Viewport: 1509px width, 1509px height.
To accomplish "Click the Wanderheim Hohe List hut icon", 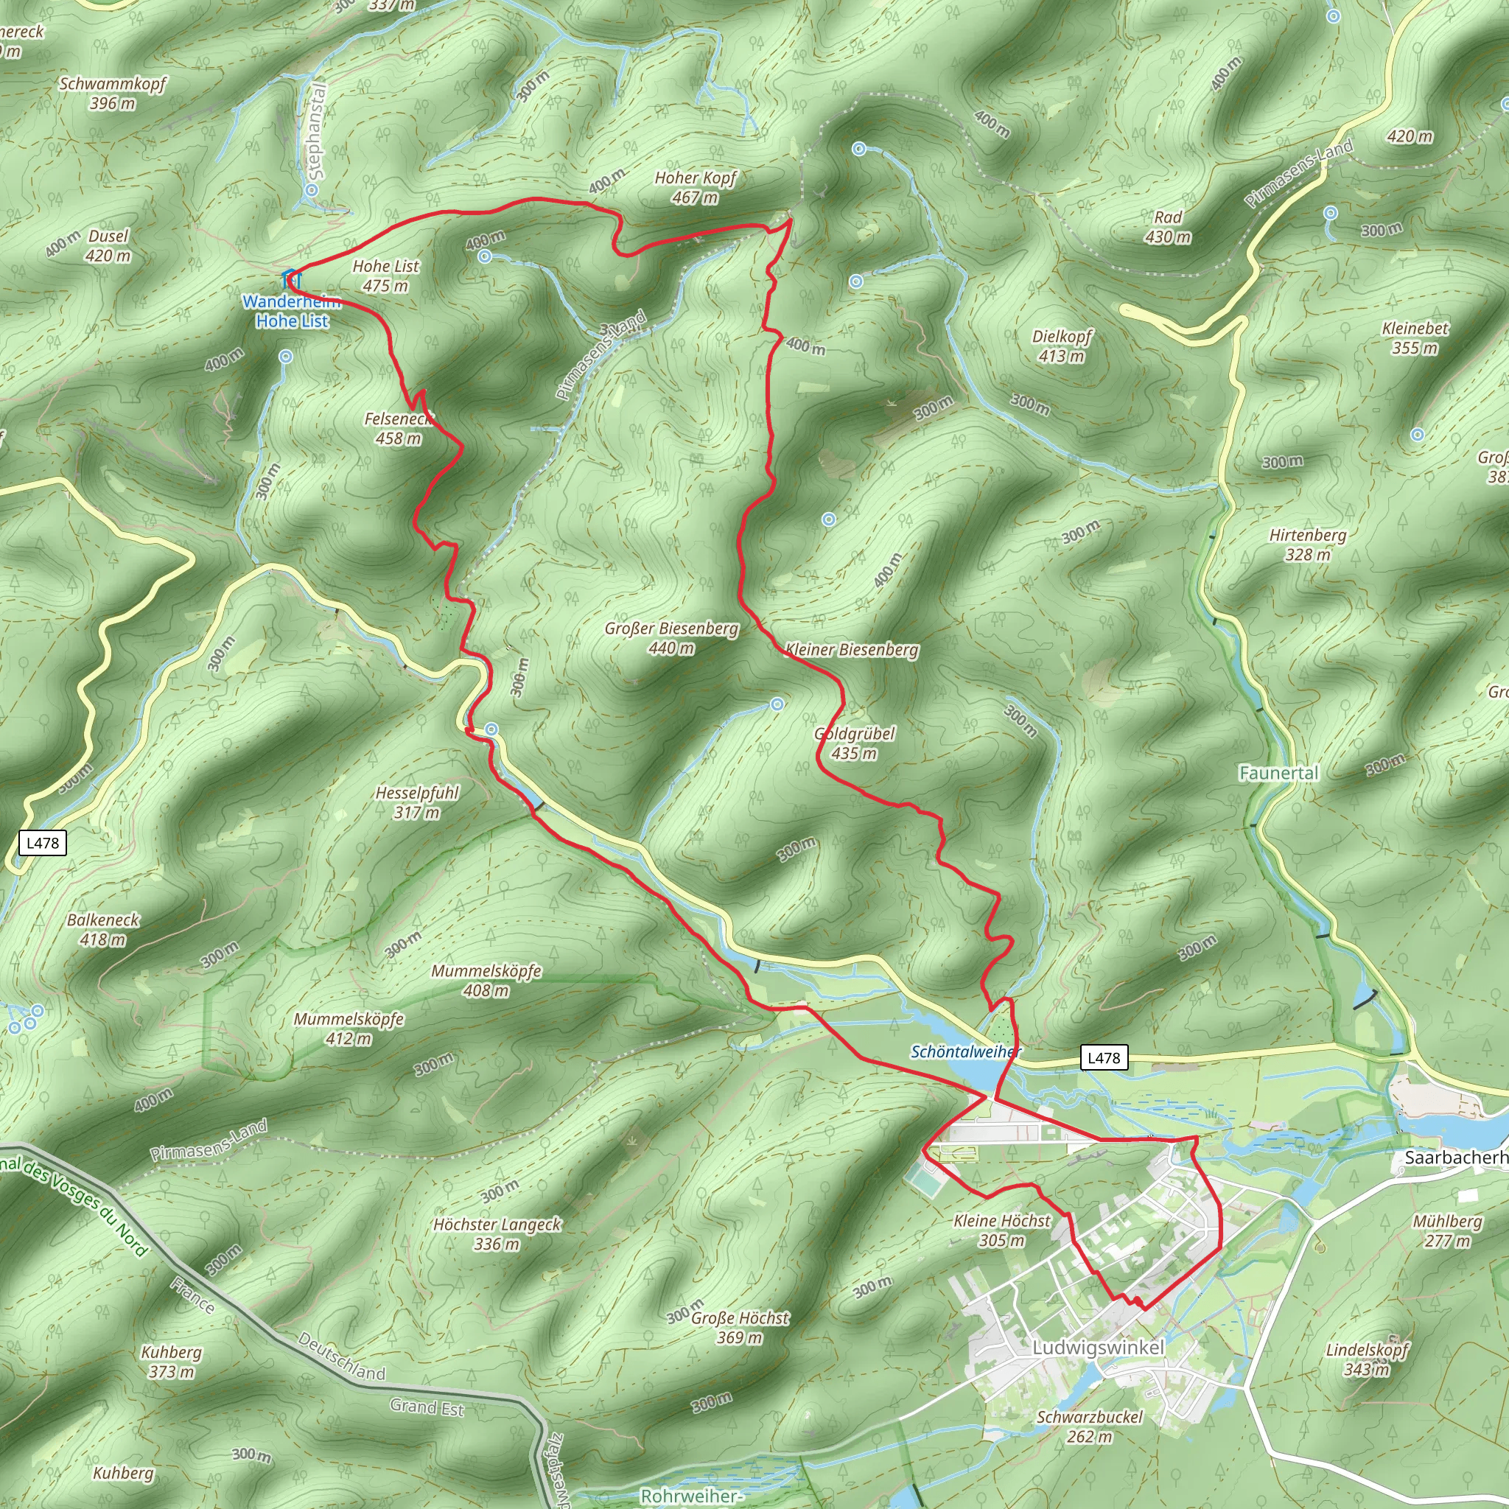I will point(290,278).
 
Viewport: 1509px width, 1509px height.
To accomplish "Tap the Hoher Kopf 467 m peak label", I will point(695,187).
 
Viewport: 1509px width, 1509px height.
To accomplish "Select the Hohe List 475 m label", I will point(386,276).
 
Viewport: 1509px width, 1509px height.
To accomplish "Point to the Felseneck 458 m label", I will point(399,429).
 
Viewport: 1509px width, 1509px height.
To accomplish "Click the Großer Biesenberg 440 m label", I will point(671,638).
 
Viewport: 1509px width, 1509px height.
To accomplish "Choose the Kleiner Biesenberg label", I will point(852,650).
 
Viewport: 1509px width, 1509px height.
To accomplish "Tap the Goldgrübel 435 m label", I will point(855,743).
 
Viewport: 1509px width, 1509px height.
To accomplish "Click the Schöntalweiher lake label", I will point(965,1052).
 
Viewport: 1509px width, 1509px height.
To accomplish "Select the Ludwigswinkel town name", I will point(1098,1348).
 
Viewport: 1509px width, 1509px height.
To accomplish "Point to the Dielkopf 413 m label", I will point(1062,346).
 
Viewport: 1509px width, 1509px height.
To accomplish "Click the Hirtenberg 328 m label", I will point(1308,545).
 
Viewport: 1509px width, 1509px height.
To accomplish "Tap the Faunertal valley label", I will point(1278,773).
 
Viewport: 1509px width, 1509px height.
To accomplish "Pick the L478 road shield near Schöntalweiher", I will point(1104,1057).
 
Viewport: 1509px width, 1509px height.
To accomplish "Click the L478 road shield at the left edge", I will point(42,843).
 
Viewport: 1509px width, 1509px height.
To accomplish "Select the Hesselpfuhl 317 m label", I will point(417,802).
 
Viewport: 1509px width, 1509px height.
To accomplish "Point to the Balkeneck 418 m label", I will point(103,929).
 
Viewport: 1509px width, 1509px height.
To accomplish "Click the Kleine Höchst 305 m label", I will point(1002,1230).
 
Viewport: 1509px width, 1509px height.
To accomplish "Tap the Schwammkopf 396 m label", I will point(113,93).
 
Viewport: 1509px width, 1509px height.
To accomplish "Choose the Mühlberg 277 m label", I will point(1447,1231).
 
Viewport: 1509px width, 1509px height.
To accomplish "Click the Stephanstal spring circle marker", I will point(312,190).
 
